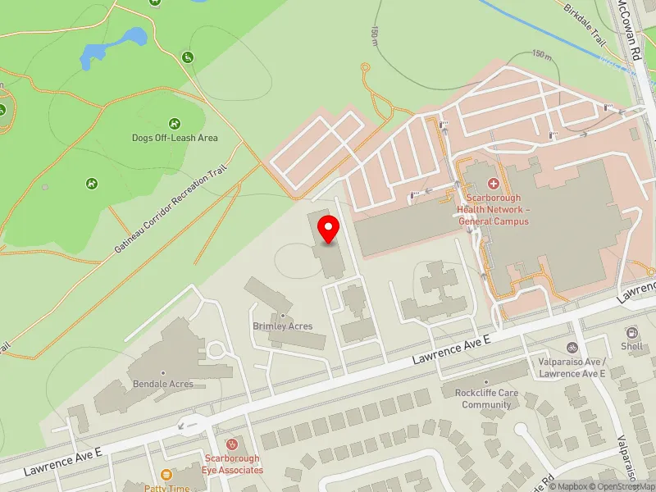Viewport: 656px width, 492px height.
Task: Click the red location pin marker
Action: (329, 229)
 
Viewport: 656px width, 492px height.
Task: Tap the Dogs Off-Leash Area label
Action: (175, 138)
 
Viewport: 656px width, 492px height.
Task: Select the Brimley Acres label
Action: (282, 326)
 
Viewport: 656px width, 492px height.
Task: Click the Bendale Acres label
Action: (162, 383)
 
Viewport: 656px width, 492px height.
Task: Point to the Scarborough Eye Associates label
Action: (232, 464)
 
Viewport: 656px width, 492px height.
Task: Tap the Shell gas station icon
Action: (632, 333)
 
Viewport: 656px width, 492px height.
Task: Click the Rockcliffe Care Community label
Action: (486, 399)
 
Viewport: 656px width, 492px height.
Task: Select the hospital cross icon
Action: (494, 184)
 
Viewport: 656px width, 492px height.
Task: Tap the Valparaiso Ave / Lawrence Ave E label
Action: (572, 368)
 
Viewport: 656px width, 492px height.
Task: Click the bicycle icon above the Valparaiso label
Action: (572, 348)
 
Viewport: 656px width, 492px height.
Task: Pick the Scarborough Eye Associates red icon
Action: (232, 444)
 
